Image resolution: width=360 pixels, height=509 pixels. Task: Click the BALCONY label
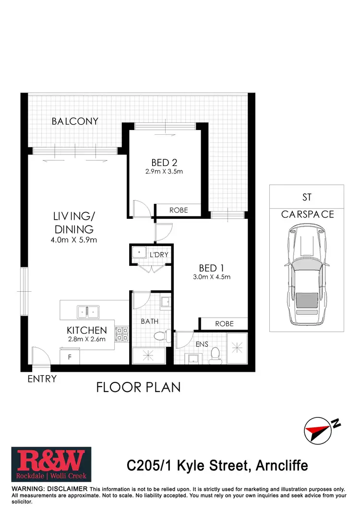pyautogui.click(x=75, y=121)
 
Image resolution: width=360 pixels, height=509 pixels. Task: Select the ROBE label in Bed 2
pyautogui.click(x=179, y=210)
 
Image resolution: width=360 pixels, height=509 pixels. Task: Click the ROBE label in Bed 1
pyautogui.click(x=224, y=324)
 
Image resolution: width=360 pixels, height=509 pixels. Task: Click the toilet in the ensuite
pyautogui.click(x=216, y=354)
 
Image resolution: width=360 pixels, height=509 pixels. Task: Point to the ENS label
pyautogui.click(x=202, y=343)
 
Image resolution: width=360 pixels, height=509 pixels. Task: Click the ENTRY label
pyautogui.click(x=42, y=379)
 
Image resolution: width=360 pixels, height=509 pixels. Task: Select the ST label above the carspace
pyautogui.click(x=307, y=198)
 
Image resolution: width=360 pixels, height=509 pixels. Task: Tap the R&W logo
pyautogui.click(x=51, y=465)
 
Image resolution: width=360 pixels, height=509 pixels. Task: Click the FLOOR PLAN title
pyautogui.click(x=138, y=387)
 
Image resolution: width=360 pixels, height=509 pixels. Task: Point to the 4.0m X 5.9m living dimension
pyautogui.click(x=74, y=239)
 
